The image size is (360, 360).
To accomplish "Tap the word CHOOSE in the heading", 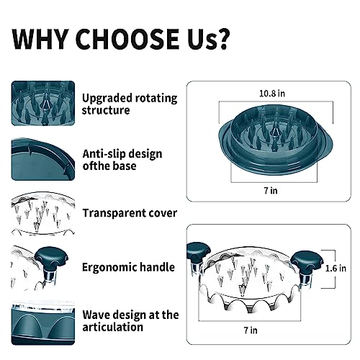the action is [127, 39].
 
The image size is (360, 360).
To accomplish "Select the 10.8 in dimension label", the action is [272, 94].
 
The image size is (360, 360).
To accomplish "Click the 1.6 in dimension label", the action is [336, 268].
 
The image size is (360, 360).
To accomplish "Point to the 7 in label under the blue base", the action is [271, 191].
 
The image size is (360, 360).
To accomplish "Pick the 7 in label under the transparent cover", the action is [251, 330].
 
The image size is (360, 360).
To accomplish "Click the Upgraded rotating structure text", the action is [130, 104].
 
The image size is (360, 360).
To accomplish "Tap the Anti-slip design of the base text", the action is [122, 160].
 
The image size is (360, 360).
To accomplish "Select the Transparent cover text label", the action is [130, 213].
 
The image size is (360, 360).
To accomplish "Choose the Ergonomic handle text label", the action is [128, 267].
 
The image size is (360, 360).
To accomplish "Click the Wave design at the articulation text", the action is [130, 321].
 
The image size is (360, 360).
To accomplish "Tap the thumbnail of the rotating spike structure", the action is [43, 103].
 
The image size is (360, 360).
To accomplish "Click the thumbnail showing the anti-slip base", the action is [43, 159].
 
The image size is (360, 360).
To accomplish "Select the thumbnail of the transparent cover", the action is [43, 213].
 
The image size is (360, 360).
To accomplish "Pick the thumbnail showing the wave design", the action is [43, 323].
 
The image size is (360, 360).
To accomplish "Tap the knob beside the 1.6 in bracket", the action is [307, 261].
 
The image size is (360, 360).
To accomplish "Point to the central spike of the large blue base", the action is [275, 130].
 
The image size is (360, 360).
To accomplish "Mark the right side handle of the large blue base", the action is [326, 144].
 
